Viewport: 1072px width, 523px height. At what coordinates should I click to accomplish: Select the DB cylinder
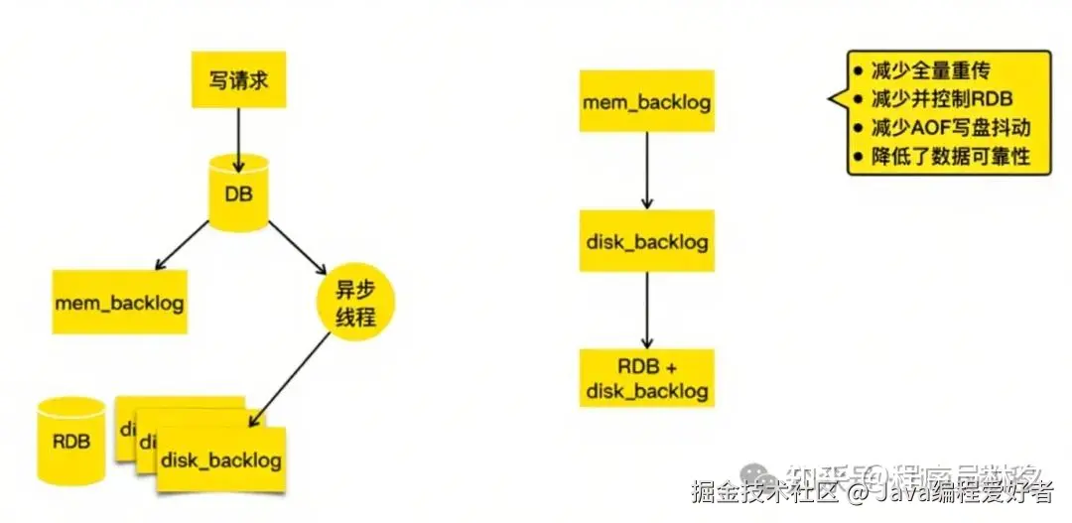[x=238, y=193]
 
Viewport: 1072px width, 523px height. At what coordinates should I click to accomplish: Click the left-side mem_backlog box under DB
[x=119, y=302]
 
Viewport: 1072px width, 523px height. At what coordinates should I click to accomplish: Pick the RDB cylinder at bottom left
[x=70, y=440]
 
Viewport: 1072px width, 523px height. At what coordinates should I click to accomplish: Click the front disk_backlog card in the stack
[x=221, y=460]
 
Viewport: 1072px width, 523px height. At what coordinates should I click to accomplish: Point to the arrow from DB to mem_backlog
[x=182, y=245]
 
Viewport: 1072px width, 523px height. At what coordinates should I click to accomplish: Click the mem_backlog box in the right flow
[x=646, y=101]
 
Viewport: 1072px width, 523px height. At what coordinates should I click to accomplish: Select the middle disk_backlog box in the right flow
[x=646, y=240]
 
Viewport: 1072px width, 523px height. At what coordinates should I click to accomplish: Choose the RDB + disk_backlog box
[x=646, y=377]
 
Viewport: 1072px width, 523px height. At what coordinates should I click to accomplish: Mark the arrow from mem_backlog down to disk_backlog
[x=646, y=170]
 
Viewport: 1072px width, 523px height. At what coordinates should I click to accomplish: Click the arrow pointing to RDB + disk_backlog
[x=646, y=309]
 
